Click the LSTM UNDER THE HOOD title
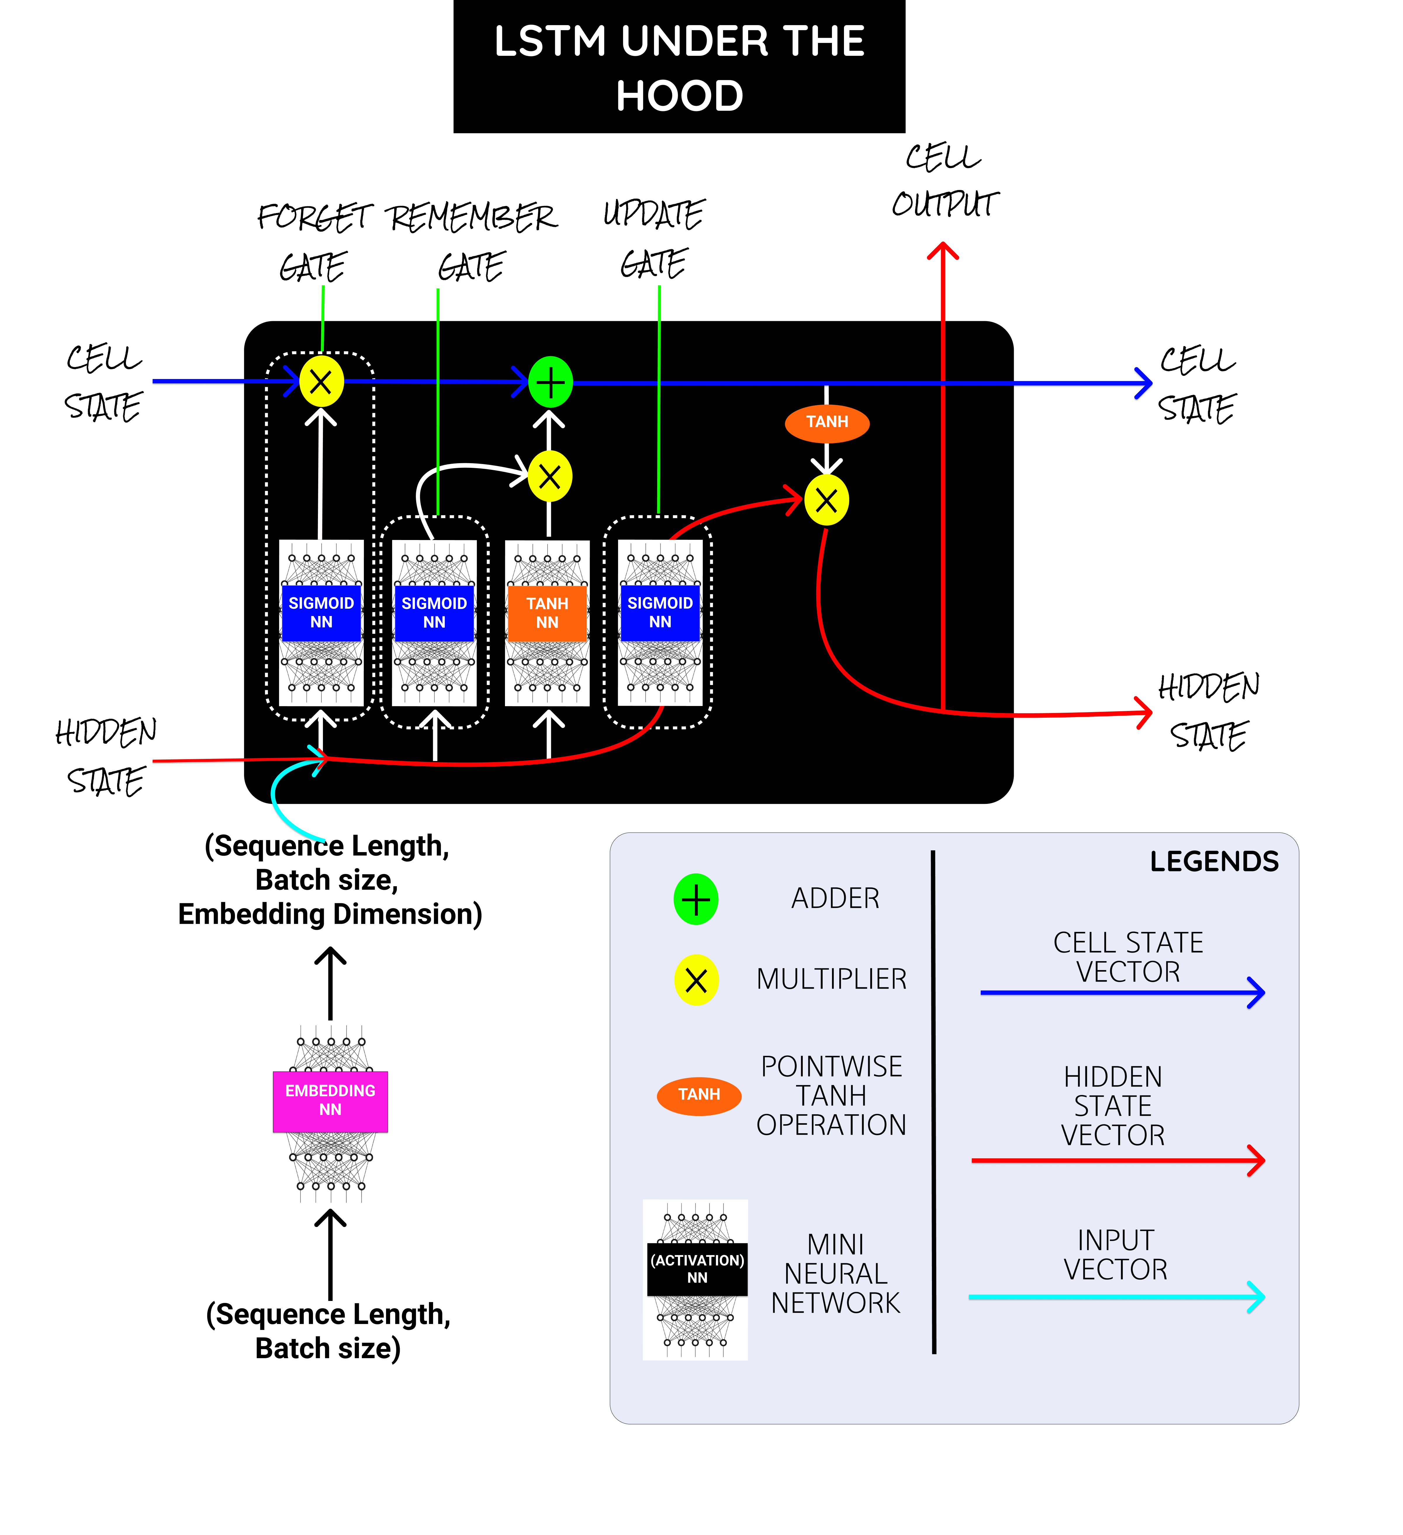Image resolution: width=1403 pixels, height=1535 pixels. (679, 67)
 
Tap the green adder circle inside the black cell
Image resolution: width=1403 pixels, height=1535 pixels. (550, 381)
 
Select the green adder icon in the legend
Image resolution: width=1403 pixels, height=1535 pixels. (696, 899)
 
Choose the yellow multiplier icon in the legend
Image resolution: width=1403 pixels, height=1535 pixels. (696, 980)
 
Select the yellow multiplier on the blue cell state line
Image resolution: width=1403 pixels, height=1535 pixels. (321, 381)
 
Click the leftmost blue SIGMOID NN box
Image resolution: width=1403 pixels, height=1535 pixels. (321, 613)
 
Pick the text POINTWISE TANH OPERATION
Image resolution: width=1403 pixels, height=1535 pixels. (831, 1096)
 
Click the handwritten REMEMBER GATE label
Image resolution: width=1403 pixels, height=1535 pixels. (472, 240)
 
